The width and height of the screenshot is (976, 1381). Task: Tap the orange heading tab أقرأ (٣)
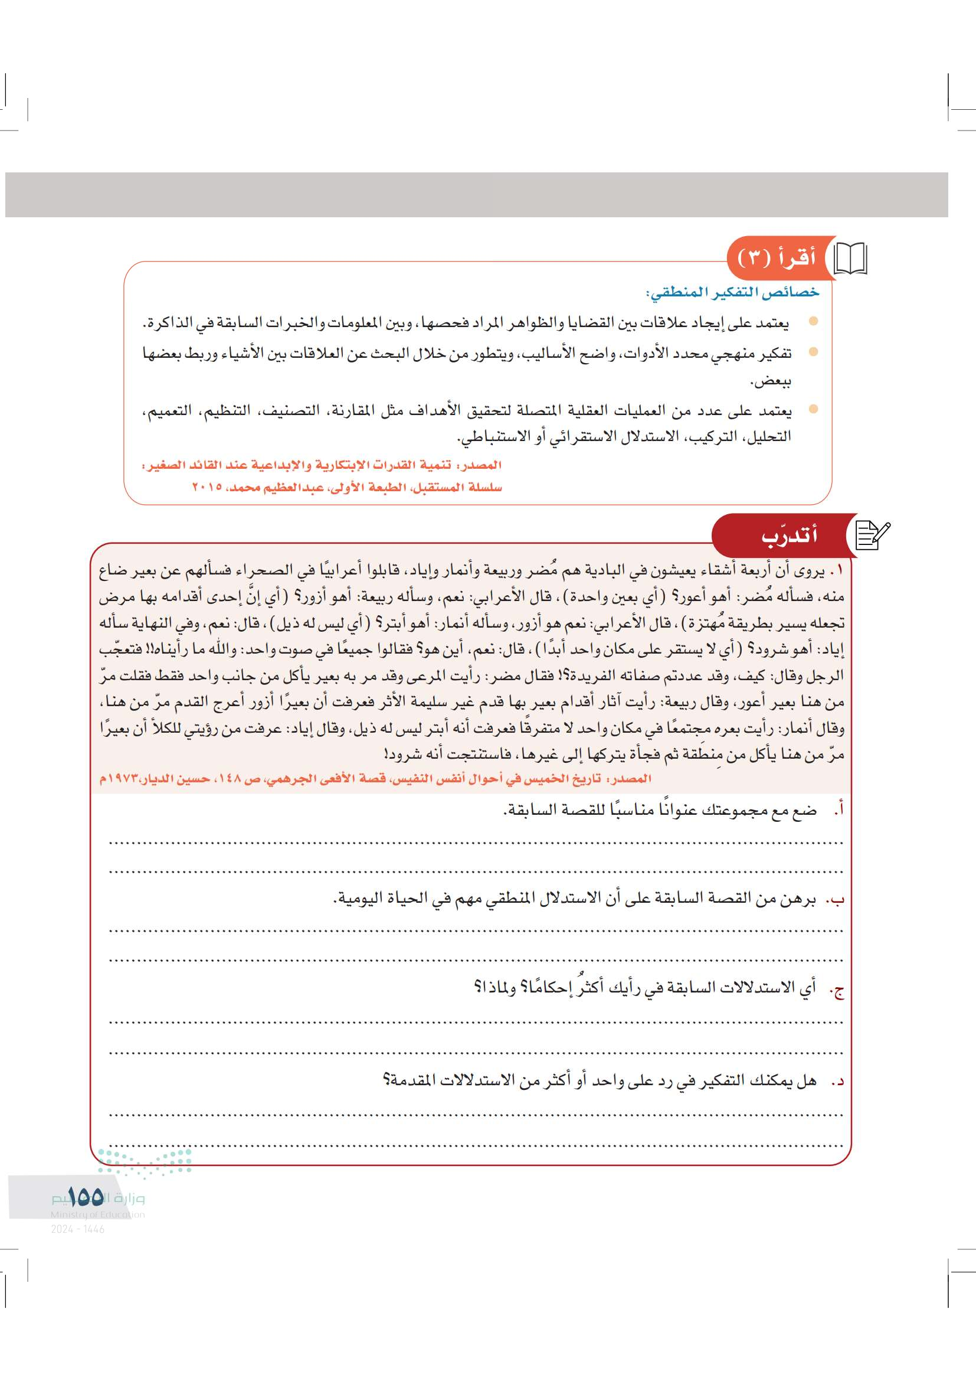coord(777,258)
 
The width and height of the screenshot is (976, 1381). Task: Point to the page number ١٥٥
coord(86,1197)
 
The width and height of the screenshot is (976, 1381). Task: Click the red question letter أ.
coord(840,810)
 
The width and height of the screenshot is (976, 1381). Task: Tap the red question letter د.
coord(839,1081)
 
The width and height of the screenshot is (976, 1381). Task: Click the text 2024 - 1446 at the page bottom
coord(78,1229)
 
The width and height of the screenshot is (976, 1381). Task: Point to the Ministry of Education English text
coord(97,1215)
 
